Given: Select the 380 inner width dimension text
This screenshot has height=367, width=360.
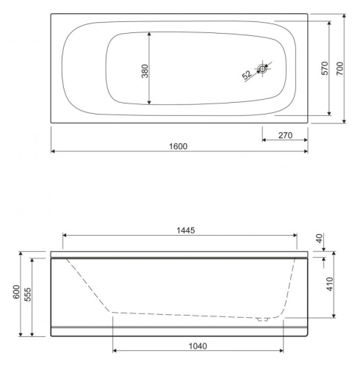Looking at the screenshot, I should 145,71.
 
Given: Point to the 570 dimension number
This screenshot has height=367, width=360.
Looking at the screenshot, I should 323,68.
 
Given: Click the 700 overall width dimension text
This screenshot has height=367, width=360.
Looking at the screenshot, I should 339,68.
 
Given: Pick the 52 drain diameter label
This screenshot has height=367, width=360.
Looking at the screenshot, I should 248,75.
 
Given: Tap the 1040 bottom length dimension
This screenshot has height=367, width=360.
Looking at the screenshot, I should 196,346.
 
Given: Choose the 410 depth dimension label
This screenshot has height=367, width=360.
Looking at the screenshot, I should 328,285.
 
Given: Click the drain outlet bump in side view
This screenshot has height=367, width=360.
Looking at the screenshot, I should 262,319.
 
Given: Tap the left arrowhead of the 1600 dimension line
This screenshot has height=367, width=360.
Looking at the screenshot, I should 53,152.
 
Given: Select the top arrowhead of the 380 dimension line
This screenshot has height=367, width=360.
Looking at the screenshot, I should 151,34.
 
